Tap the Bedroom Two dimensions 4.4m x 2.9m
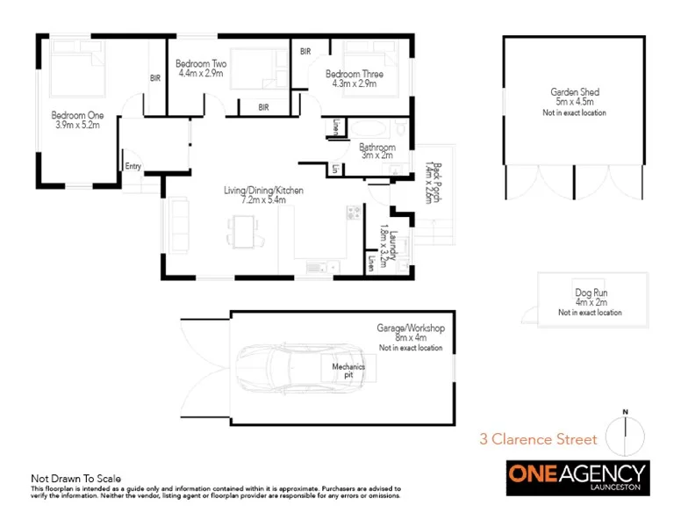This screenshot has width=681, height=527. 201,75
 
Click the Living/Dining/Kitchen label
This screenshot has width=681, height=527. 261,191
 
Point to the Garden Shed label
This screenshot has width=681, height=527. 574,91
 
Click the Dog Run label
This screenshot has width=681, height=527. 589,292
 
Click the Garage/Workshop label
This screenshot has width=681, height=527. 411,328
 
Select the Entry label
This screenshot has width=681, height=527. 133,166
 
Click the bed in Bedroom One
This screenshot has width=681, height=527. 71,70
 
